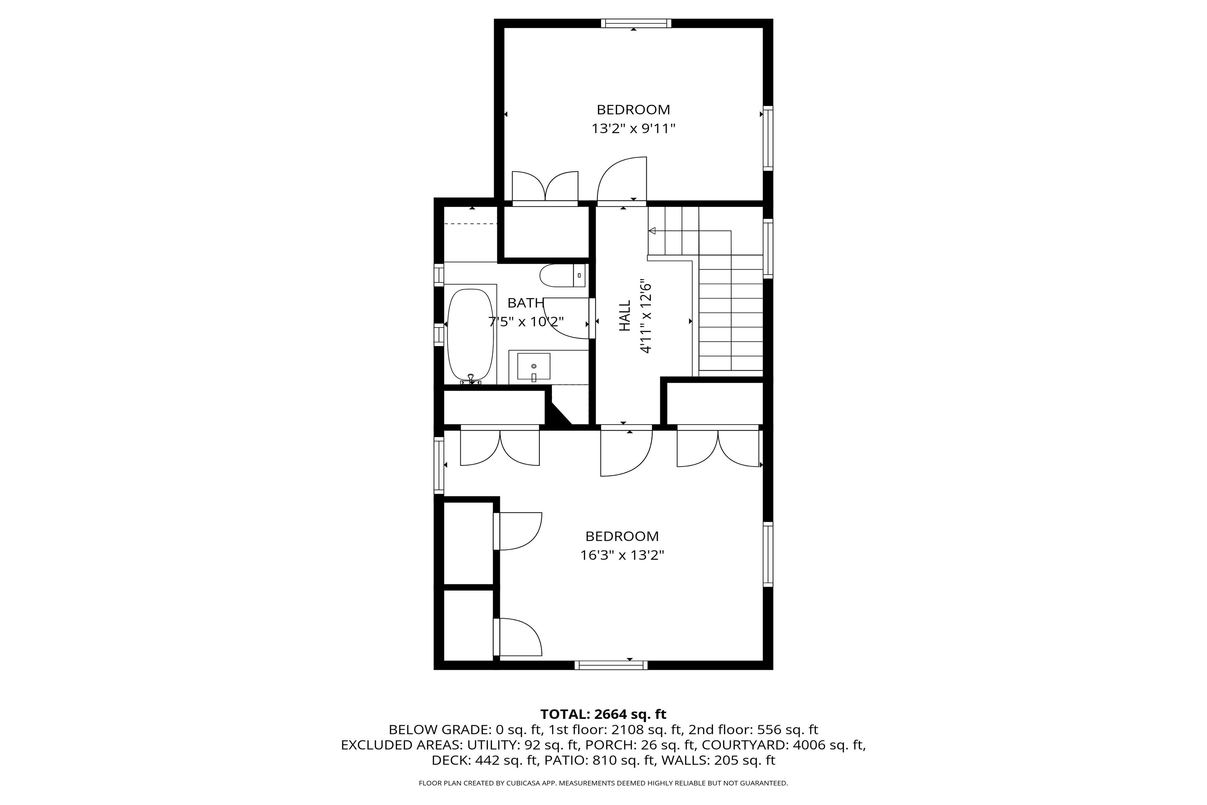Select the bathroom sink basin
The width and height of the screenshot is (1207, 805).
(x=534, y=366)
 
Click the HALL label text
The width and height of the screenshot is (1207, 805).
(x=625, y=316)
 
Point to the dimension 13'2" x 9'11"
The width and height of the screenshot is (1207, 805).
(x=633, y=128)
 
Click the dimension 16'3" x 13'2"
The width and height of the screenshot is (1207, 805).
(x=622, y=555)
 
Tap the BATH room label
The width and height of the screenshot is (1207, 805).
(x=525, y=303)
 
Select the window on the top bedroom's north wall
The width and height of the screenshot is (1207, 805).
(x=636, y=23)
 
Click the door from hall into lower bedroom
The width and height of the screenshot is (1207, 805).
(x=626, y=452)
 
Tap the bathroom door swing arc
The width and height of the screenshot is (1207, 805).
(x=565, y=318)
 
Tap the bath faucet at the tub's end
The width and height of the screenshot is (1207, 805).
(x=471, y=379)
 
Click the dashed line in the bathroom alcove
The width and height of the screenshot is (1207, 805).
(x=471, y=224)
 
